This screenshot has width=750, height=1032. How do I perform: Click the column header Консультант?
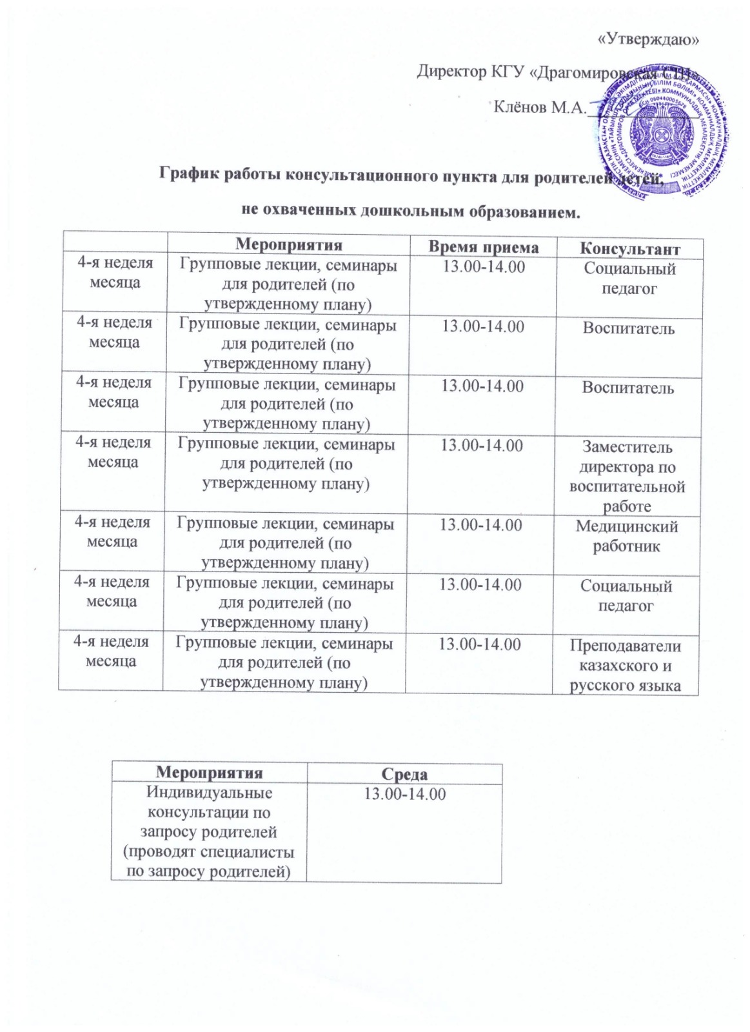point(630,248)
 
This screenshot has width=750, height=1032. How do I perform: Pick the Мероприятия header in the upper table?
point(288,245)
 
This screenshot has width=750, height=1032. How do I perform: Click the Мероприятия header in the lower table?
point(210,773)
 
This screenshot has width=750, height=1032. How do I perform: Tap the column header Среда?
point(405,773)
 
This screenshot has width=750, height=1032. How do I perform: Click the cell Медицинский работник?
point(627,537)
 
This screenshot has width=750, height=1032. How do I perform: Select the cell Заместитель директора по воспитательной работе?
point(627,477)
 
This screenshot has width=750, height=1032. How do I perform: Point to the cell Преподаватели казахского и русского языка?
point(626,666)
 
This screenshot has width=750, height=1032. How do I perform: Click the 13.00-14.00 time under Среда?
point(405,794)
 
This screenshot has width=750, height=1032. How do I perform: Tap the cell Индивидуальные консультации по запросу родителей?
point(209,832)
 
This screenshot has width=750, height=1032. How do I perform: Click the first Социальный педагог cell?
point(629,279)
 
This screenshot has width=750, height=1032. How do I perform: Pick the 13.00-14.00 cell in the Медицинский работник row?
point(481,526)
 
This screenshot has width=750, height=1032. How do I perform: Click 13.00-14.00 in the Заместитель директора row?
point(482,446)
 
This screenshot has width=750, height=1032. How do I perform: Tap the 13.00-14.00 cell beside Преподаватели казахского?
point(480,645)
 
